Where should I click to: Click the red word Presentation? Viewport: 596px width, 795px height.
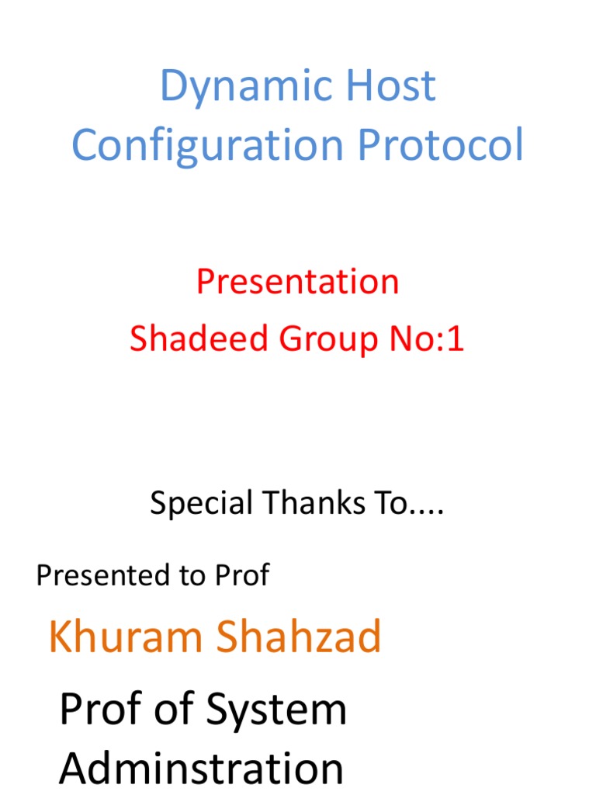[297, 281]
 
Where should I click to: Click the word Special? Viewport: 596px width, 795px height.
[201, 504]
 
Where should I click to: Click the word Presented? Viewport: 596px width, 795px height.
[92, 575]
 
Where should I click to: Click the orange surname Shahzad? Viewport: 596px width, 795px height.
[299, 637]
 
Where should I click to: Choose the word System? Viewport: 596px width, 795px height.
[276, 710]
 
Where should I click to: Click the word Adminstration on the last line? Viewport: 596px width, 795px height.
[201, 769]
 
